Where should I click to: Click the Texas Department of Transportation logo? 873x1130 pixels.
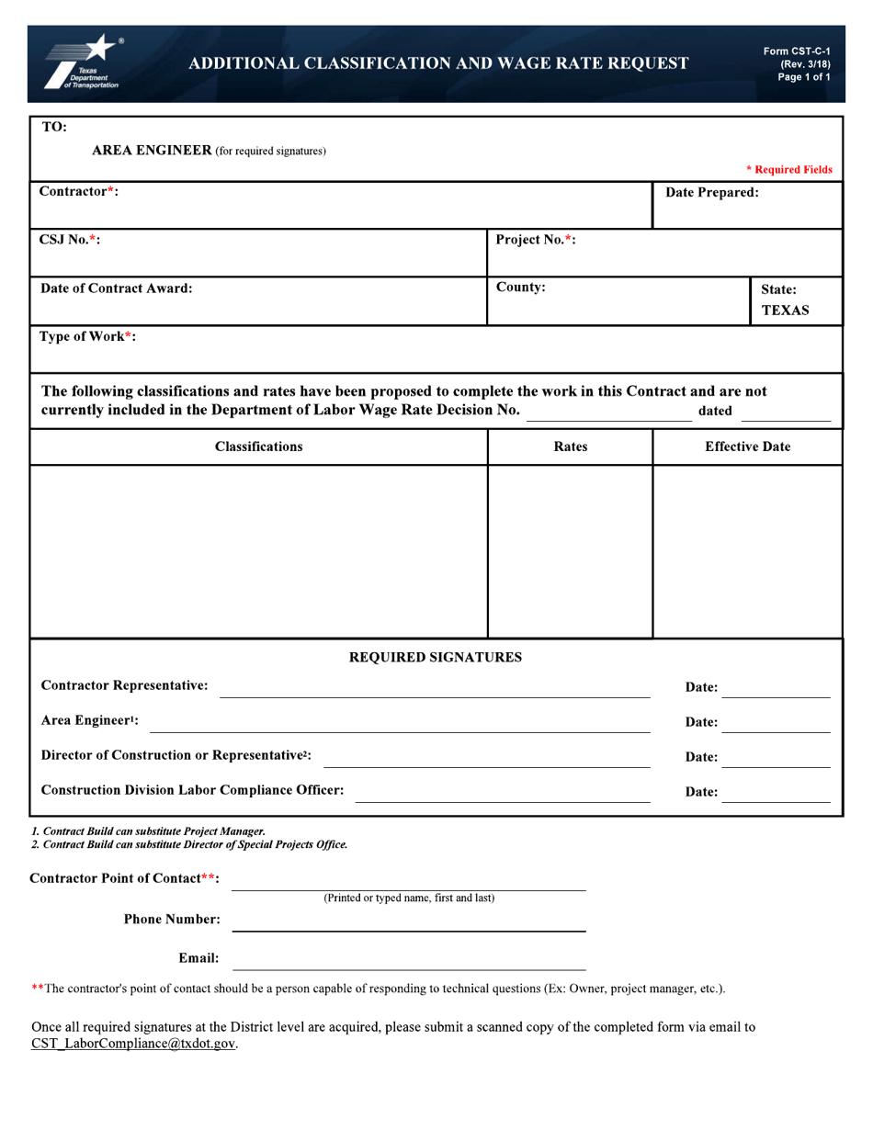click(x=83, y=63)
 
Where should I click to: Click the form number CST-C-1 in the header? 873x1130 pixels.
click(x=796, y=51)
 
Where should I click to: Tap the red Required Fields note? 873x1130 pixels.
click(x=788, y=170)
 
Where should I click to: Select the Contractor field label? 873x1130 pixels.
click(x=78, y=191)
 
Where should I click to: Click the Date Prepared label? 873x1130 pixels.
click(x=712, y=193)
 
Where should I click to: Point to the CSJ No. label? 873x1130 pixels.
click(x=70, y=240)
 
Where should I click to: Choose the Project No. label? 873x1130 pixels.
click(x=536, y=240)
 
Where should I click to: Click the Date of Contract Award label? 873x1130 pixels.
click(x=117, y=288)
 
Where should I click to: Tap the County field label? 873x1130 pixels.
click(x=521, y=288)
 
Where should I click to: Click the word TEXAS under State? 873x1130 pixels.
click(x=785, y=311)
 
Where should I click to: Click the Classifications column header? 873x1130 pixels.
click(x=258, y=446)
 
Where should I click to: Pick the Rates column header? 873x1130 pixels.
click(x=570, y=446)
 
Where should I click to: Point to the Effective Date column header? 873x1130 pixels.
click(x=747, y=446)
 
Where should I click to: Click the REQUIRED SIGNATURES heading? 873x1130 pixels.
click(x=436, y=657)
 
